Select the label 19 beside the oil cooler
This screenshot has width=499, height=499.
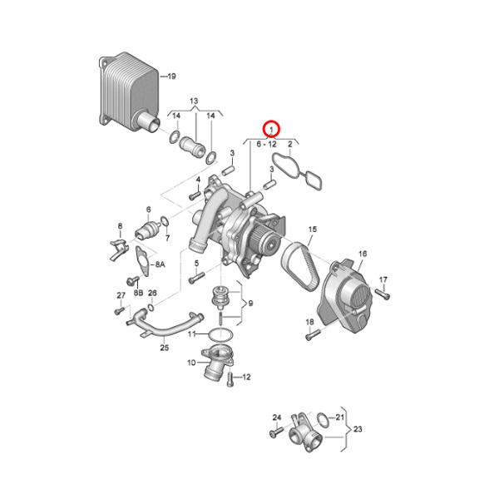point(171,77)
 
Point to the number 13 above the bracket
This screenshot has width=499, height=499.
point(194,101)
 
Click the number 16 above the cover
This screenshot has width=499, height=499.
point(363,253)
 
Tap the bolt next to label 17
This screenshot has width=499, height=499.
point(381,293)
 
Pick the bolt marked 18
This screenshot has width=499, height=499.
point(313,336)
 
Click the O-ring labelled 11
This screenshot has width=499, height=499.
point(218,333)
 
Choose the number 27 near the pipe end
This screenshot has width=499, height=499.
point(121,296)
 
